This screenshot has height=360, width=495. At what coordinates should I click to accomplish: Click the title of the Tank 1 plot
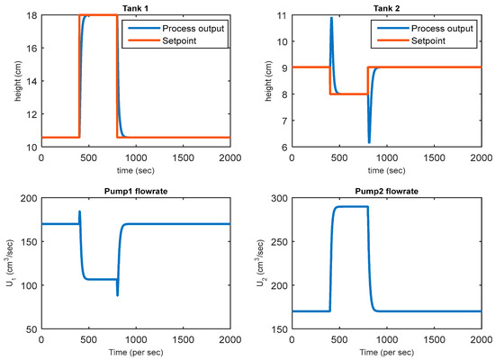pos(135,8)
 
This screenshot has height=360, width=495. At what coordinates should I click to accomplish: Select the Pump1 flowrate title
pos(135,190)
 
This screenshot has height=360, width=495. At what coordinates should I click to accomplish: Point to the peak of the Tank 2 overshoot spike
pos(331,18)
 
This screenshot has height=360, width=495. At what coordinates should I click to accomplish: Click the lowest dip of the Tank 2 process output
pos(369,142)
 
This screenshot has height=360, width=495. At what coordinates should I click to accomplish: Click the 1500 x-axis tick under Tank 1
pos(183,157)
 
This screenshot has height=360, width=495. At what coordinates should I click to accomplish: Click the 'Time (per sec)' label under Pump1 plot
pos(135,352)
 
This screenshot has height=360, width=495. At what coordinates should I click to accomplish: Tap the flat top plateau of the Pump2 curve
pos(351,207)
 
